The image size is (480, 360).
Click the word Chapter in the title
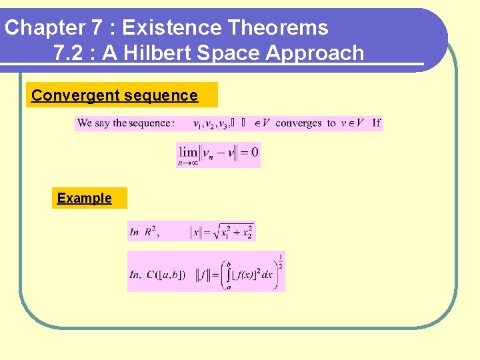[x=43, y=28]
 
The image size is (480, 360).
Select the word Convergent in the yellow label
[x=66, y=95]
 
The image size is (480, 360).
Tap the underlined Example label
[x=84, y=198]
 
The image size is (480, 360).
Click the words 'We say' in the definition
[x=93, y=123]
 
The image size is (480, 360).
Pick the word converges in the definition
[x=299, y=123]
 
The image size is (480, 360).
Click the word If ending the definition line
[x=376, y=123]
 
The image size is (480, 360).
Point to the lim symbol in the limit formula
[x=188, y=152]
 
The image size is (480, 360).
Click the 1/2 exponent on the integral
[x=280, y=260]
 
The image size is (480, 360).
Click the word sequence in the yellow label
[x=167, y=95]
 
